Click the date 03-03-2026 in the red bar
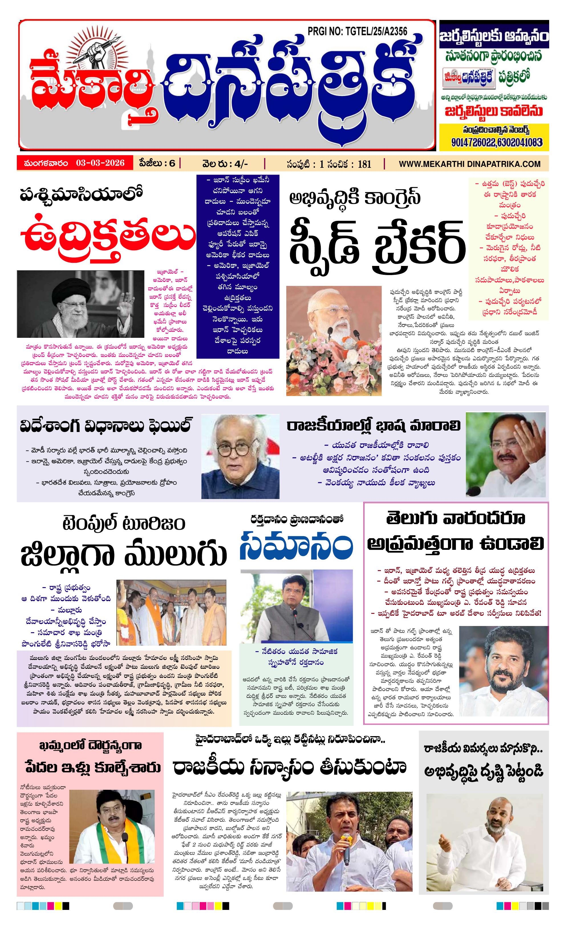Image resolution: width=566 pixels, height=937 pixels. pos(100,163)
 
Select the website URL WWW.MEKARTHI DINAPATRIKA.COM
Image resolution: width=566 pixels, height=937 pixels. pos(469,164)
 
